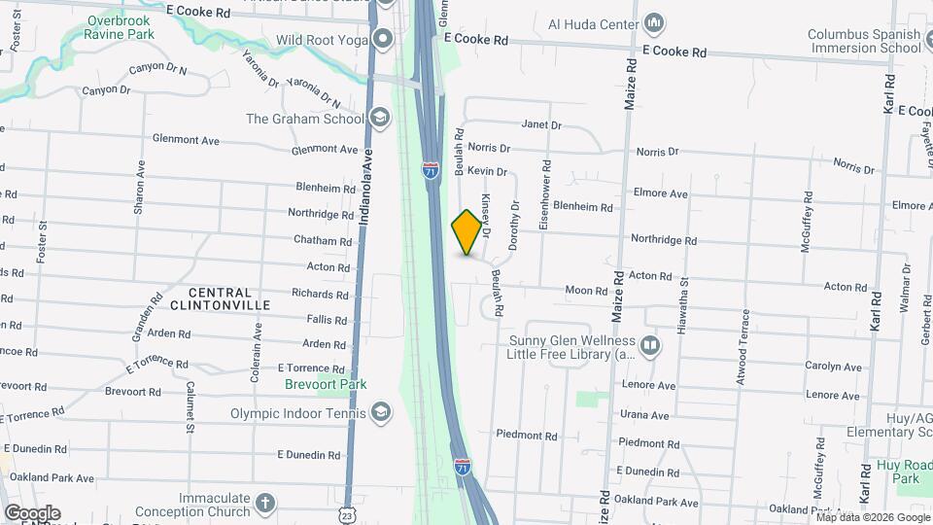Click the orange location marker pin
tap(467, 232)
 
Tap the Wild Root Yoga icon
tap(383, 40)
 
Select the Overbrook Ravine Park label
tap(121, 27)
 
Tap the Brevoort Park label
tap(326, 384)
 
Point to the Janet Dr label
tap(541, 124)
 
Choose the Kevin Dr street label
tap(487, 171)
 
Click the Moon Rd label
tap(586, 290)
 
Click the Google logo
tap(32, 512)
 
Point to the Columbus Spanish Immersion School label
tap(864, 41)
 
